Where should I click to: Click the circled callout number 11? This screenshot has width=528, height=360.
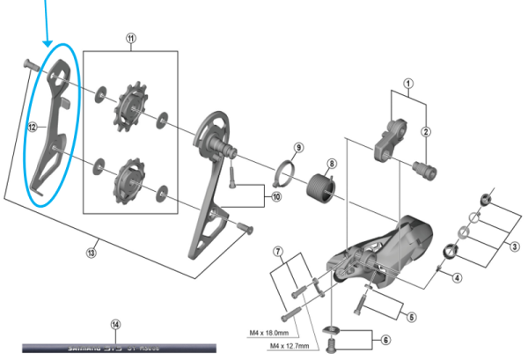click(131, 39)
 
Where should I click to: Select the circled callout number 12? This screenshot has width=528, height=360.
click(32, 127)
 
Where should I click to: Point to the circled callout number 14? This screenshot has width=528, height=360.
click(114, 324)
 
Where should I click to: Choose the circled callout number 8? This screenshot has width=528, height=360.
click(332, 164)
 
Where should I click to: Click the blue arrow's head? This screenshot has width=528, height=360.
click(48, 43)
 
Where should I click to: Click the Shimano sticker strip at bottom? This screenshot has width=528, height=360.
click(114, 348)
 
